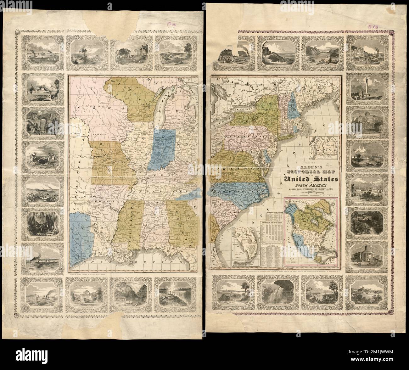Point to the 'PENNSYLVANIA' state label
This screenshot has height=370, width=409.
point(249,137)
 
